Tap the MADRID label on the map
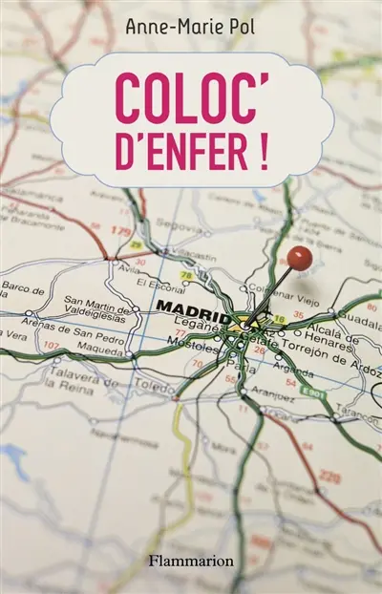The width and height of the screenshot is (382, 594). tap(192, 308)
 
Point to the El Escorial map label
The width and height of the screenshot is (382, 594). tap(158, 284)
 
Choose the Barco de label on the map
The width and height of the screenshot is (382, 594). tap(24, 289)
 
